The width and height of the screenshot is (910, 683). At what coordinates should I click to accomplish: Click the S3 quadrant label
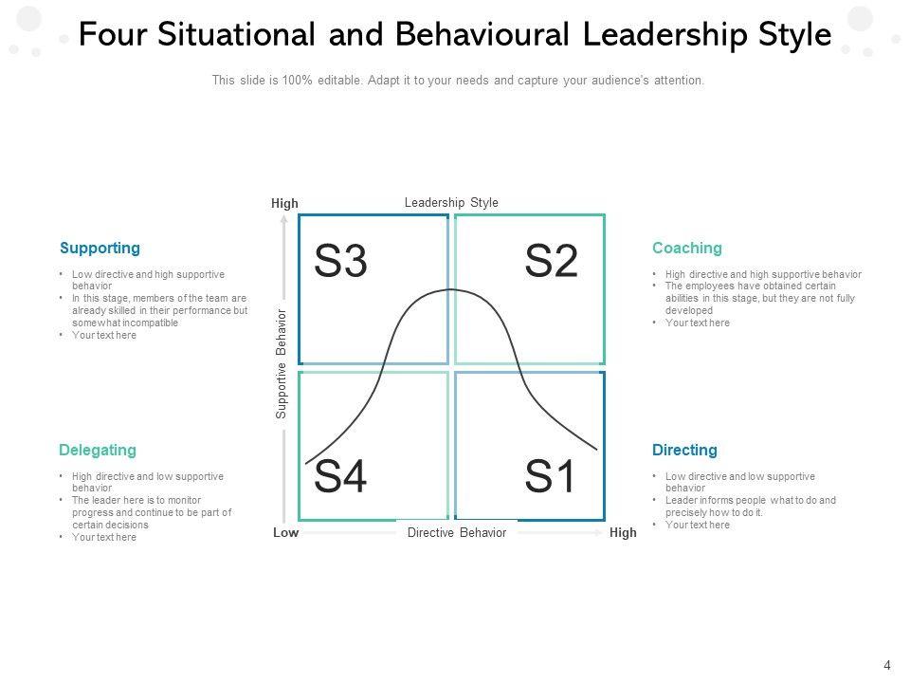(x=340, y=262)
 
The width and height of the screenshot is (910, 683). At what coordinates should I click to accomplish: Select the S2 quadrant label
(x=551, y=262)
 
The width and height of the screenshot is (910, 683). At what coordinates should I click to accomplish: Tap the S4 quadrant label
(x=340, y=477)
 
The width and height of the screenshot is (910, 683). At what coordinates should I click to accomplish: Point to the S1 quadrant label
(x=551, y=477)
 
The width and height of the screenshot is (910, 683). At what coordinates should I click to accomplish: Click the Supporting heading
(x=100, y=249)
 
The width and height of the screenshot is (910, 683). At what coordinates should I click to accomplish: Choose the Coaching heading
(x=686, y=249)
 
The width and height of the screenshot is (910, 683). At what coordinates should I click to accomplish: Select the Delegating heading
(x=98, y=450)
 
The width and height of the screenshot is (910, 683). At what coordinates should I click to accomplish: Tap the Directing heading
(x=684, y=450)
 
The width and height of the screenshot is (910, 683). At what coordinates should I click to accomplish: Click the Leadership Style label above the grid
(x=451, y=203)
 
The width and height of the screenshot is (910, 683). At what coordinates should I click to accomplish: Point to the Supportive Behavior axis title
(x=282, y=362)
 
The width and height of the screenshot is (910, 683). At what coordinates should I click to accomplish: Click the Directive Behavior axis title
(x=457, y=533)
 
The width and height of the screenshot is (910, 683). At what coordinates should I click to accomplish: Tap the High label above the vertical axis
(x=284, y=204)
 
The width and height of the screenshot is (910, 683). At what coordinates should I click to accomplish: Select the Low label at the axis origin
(x=285, y=533)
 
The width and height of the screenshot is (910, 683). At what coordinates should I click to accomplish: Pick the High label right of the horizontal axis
(x=623, y=533)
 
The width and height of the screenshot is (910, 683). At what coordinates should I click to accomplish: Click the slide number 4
(x=887, y=665)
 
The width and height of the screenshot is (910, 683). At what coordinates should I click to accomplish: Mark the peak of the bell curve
(x=451, y=289)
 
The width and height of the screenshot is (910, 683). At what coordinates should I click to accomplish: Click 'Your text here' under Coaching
(x=697, y=323)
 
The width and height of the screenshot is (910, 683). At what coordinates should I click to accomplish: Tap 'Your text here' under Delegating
(x=103, y=538)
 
